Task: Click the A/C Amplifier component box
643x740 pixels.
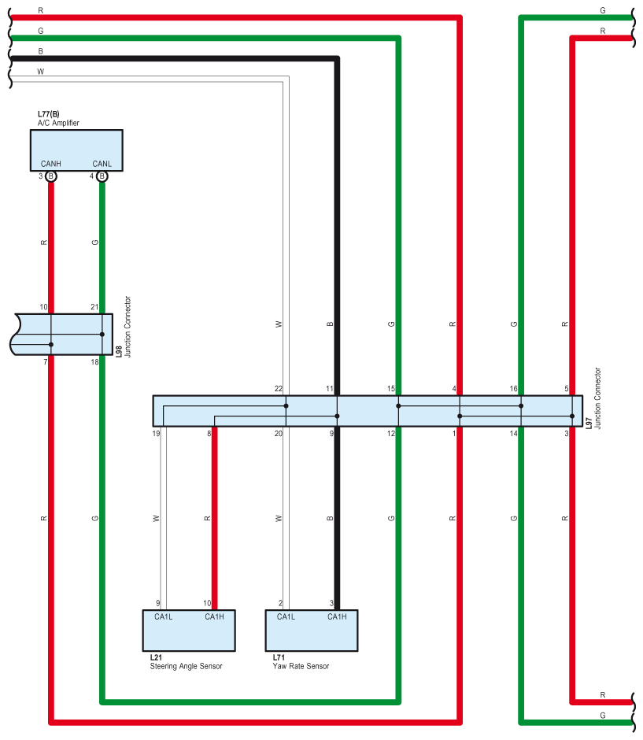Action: [x=76, y=146]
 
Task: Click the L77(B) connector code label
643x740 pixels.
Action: [x=49, y=115]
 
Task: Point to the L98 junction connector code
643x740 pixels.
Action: [x=119, y=350]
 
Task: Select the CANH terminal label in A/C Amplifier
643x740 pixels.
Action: [x=51, y=164]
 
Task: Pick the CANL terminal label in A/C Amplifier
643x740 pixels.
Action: [x=102, y=164]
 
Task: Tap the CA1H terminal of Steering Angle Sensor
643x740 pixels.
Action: [x=214, y=616]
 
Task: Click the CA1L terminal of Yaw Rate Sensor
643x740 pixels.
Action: [x=286, y=616]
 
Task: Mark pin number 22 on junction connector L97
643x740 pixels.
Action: [x=279, y=389]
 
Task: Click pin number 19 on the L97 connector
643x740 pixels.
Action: [x=157, y=433]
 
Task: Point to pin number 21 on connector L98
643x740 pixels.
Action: [x=94, y=307]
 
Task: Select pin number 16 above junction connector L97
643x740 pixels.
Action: [x=513, y=389]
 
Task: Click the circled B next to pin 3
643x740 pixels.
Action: [x=51, y=176]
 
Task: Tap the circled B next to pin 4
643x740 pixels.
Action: [x=102, y=176]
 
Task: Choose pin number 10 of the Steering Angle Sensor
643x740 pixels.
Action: [x=207, y=603]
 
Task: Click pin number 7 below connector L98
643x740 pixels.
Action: [x=45, y=361]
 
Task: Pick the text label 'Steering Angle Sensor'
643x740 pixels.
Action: [x=186, y=666]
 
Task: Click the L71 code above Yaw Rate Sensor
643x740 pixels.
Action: [x=279, y=657]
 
